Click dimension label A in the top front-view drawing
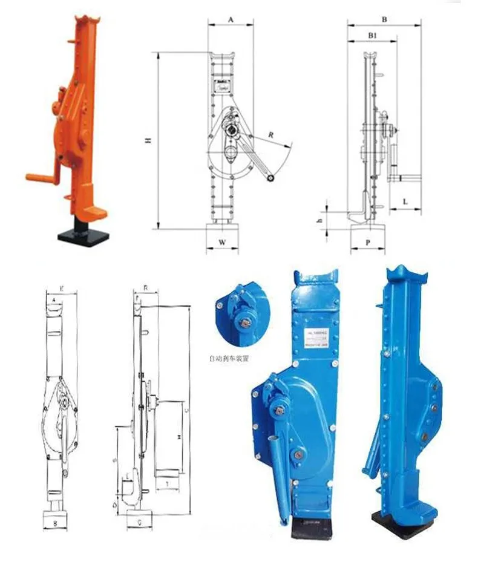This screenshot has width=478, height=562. pyautogui.click(x=231, y=19)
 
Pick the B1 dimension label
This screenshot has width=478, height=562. pyautogui.click(x=373, y=36)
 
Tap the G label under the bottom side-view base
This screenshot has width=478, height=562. pyautogui.click(x=140, y=520)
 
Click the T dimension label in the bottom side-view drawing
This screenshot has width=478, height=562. pyautogui.click(x=166, y=484)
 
